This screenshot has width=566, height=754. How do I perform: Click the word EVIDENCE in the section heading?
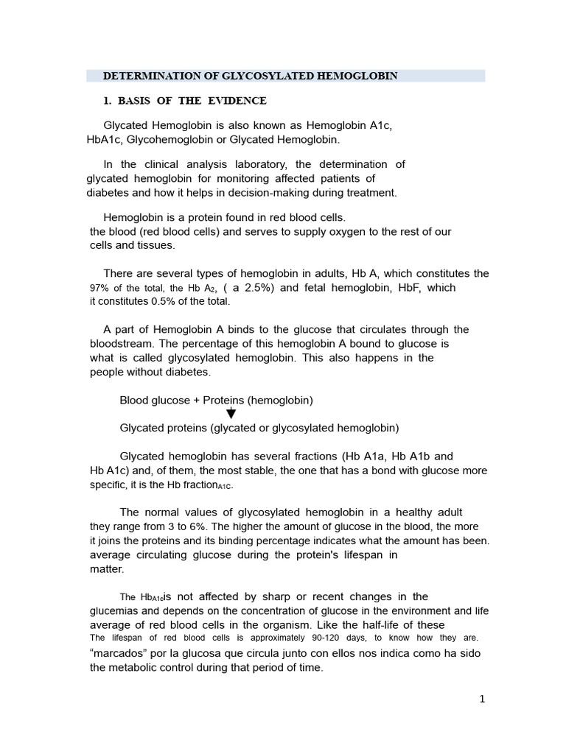(x=237, y=101)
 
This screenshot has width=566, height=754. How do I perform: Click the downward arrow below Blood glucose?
(x=231, y=413)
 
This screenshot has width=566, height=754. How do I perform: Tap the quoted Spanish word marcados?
(x=121, y=652)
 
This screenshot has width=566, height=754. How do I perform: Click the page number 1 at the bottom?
(x=482, y=700)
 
